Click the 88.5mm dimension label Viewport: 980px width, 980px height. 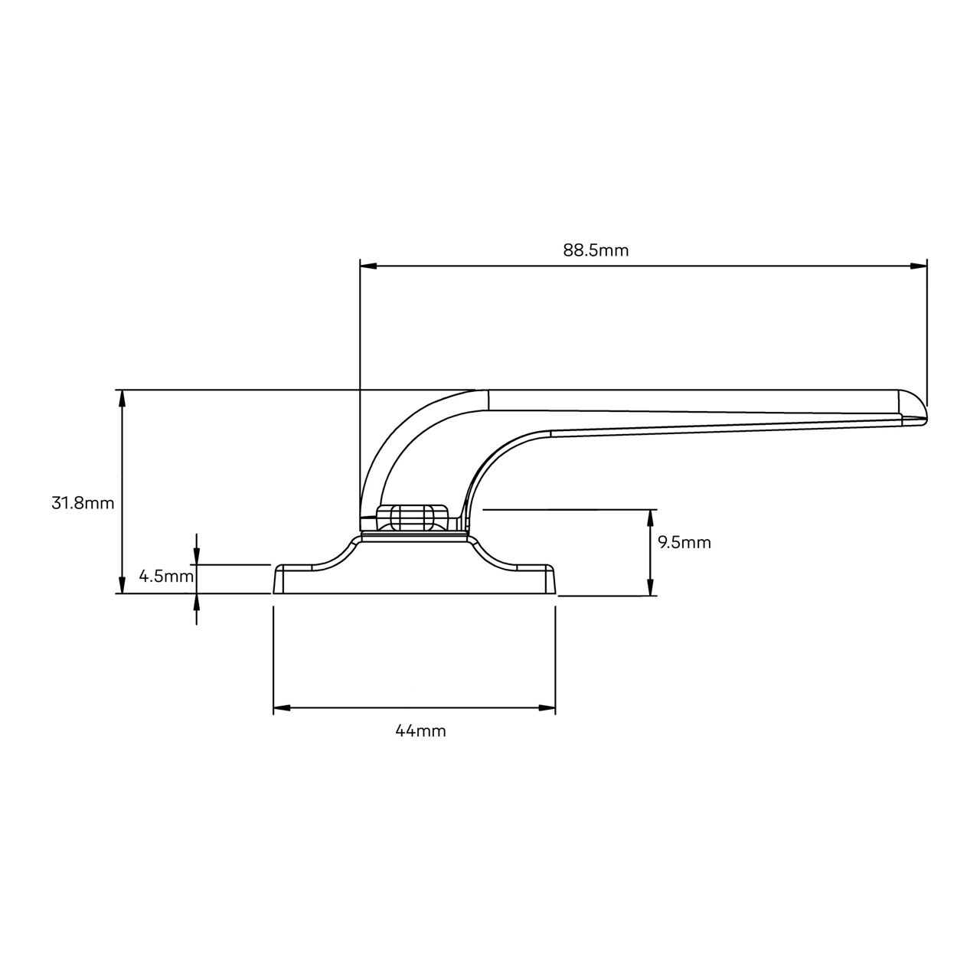[596, 250]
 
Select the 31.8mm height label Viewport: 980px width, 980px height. [83, 503]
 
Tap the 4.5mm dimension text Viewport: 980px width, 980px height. [166, 576]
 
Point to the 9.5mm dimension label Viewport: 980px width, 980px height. [684, 543]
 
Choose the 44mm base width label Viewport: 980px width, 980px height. [420, 731]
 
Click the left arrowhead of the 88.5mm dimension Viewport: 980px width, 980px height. [368, 266]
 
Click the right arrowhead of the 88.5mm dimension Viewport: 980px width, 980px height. [918, 266]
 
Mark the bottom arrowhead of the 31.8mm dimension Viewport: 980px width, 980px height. [120, 585]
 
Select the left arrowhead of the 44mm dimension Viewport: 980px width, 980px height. [282, 708]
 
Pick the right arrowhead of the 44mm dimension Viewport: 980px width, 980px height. [547, 708]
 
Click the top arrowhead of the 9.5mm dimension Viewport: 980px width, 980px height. [650, 517]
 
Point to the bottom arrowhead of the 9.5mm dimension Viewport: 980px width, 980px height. [650, 587]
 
